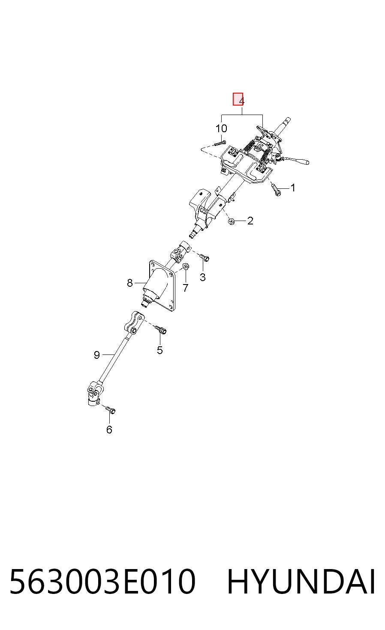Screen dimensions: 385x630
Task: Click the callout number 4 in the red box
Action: pyautogui.click(x=241, y=101)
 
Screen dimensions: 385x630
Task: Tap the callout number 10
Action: pyautogui.click(x=221, y=128)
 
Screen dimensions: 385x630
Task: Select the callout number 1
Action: pyautogui.click(x=293, y=188)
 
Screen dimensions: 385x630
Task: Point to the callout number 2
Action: pyautogui.click(x=250, y=221)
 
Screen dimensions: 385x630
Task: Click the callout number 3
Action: pyautogui.click(x=203, y=277)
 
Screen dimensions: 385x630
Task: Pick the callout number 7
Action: pyautogui.click(x=185, y=288)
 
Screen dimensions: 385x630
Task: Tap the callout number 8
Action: pyautogui.click(x=129, y=283)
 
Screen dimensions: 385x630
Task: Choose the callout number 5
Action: pyautogui.click(x=159, y=350)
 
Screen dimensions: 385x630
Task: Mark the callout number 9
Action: pyautogui.click(x=96, y=355)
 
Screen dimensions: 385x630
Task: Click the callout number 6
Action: pyautogui.click(x=109, y=430)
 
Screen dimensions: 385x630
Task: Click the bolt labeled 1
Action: pyautogui.click(x=276, y=190)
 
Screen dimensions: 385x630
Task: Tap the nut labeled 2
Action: pyautogui.click(x=231, y=221)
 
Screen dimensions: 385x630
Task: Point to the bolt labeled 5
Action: pyautogui.click(x=161, y=330)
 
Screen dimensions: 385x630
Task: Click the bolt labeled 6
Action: pyautogui.click(x=110, y=410)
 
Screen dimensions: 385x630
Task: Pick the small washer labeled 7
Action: pyautogui.click(x=186, y=266)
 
